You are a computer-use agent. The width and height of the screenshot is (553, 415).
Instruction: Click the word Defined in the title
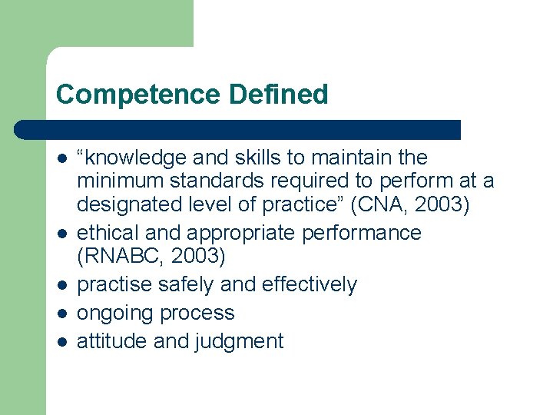(278, 95)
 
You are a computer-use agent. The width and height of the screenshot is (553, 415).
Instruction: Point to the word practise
(114, 285)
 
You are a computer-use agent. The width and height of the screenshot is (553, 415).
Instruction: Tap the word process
(199, 314)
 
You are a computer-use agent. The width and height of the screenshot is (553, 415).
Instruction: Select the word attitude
(112, 341)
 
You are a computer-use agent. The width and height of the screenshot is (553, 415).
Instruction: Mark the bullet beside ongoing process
(61, 314)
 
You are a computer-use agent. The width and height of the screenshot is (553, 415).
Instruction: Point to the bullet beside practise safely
(61, 285)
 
